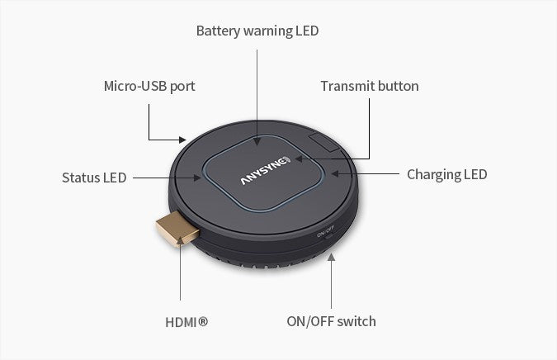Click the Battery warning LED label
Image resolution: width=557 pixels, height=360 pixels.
coord(257,31)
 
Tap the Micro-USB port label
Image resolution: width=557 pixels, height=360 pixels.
coord(149,87)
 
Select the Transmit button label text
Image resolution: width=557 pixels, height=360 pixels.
coord(370,86)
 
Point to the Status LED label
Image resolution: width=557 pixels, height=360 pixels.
coord(94,178)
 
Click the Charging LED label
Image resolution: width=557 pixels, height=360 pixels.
coord(447,174)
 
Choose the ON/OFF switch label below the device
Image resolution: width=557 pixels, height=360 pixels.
coord(331,321)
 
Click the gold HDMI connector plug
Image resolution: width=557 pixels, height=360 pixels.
coord(177,229)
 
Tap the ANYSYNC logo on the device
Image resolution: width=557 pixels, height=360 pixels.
coord(266,170)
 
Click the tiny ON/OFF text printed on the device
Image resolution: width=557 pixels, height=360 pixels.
coord(325,231)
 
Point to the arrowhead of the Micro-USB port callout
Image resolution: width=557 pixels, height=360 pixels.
coord(182,140)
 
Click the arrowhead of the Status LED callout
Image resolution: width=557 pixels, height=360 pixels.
coord(197,178)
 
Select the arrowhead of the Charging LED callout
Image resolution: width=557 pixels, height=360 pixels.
coord(335,174)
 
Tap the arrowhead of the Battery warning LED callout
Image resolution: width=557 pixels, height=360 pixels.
coord(257,141)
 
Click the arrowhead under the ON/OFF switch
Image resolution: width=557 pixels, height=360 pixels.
coord(331,257)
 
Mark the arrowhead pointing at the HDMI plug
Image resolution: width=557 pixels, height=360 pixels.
coord(180,242)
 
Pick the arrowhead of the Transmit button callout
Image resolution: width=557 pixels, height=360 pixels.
coord(299,159)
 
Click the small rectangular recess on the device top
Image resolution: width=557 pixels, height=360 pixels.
coord(323,143)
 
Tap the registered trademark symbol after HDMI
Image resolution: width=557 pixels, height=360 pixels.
coord(203,322)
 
